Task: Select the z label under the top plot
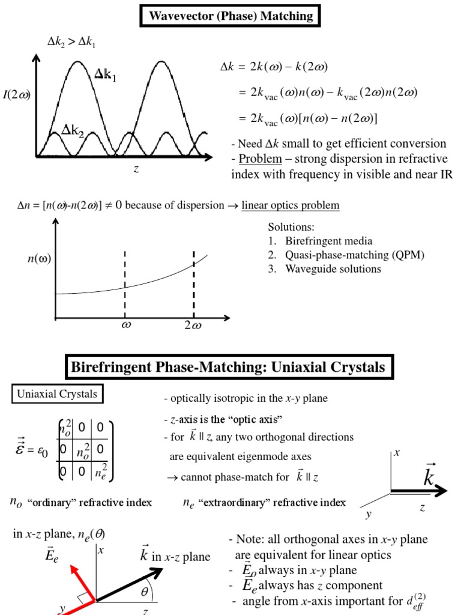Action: click(x=136, y=169)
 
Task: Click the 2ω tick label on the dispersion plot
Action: click(x=193, y=326)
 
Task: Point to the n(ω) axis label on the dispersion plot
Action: click(x=39, y=259)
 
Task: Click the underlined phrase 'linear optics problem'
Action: click(x=291, y=205)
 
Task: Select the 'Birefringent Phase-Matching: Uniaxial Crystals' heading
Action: click(x=229, y=368)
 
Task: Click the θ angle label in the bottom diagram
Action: click(x=144, y=593)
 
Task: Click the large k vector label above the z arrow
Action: click(x=430, y=477)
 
